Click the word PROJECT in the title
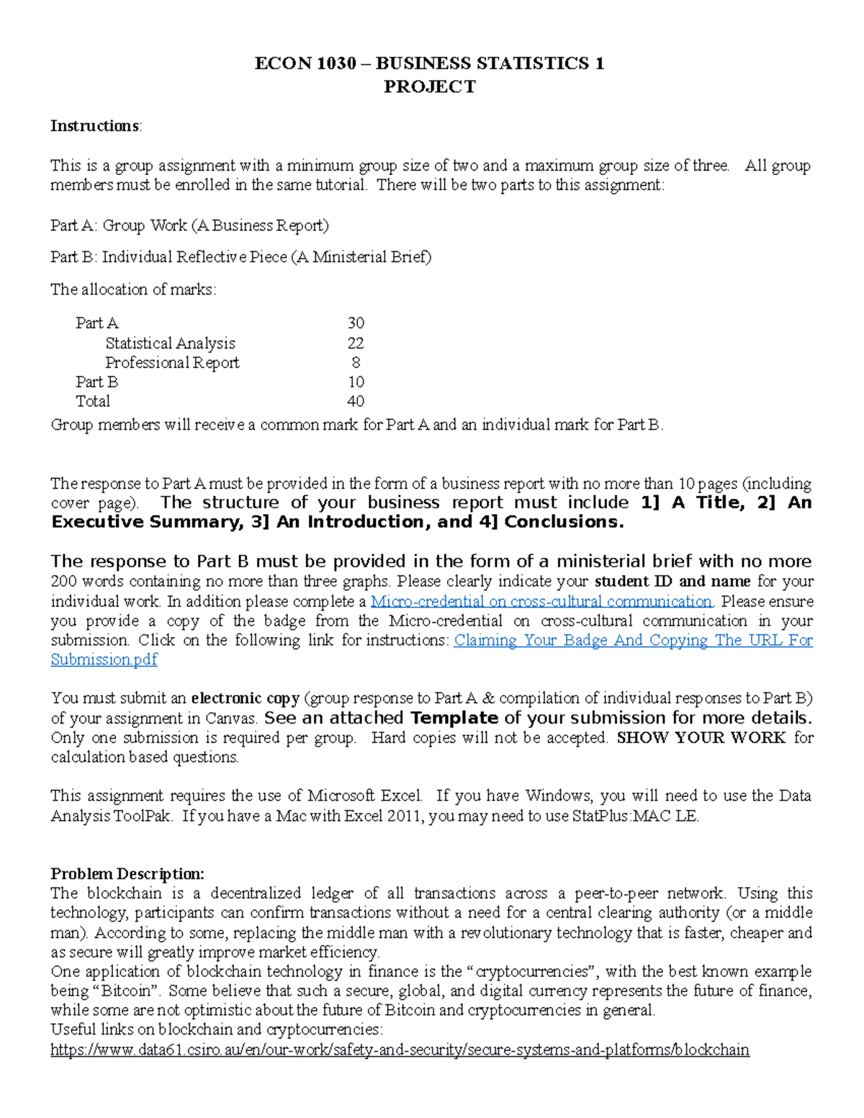[x=429, y=87]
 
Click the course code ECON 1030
[x=305, y=63]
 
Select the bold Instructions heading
[x=95, y=126]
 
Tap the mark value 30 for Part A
[x=356, y=323]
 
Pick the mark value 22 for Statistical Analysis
[x=356, y=343]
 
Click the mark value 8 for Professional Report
[x=356, y=363]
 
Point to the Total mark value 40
[x=356, y=402]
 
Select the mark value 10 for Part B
[x=356, y=382]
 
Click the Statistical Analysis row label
[x=170, y=343]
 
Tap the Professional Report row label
[x=172, y=363]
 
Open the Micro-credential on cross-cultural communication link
[x=541, y=602]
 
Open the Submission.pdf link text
[x=104, y=659]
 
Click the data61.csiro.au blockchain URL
[x=400, y=1050]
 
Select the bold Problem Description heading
[x=127, y=874]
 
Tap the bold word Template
[x=454, y=718]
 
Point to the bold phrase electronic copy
[x=245, y=698]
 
